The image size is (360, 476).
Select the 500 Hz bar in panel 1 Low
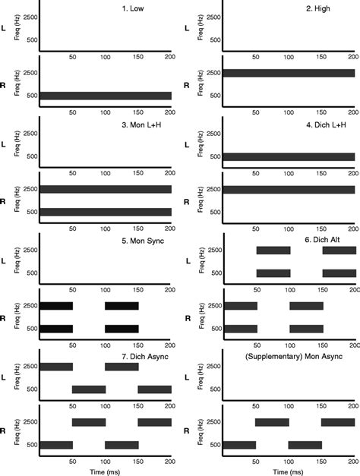106,96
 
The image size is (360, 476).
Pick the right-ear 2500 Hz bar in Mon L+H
106,189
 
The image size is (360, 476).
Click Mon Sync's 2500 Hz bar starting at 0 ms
56,305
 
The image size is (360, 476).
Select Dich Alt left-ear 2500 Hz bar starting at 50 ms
273,251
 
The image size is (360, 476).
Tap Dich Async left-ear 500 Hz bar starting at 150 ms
154,389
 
